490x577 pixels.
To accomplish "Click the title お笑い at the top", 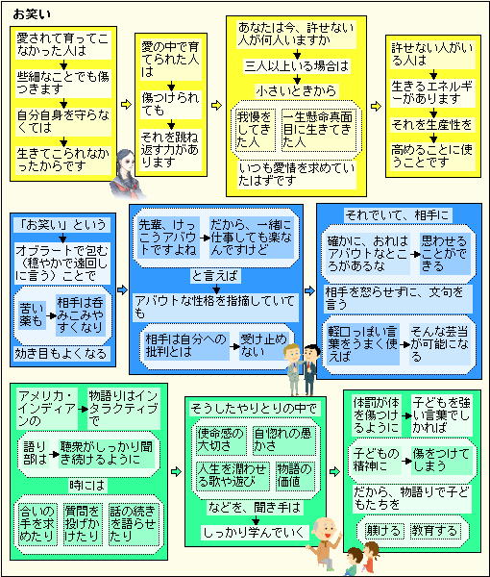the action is tap(32, 14).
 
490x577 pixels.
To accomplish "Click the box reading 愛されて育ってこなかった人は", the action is tap(62, 45).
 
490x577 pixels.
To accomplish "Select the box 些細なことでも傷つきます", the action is tap(62, 83).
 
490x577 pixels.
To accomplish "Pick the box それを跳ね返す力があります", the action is tap(171, 149).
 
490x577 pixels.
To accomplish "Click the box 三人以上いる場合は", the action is tap(297, 66).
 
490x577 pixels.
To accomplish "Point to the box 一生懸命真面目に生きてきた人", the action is tap(318, 130).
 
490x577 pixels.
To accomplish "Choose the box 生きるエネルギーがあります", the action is tap(432, 92).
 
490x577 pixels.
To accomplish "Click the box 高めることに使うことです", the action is tap(432, 156).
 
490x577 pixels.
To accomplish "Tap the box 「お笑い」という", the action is tap(62, 224).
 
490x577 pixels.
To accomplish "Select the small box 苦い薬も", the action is tap(32, 315).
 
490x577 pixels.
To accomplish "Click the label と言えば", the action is tap(216, 276).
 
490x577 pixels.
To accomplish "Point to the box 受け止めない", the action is tap(263, 345).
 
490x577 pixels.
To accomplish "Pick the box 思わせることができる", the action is tap(445, 254).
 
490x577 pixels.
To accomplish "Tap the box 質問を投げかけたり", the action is tap(83, 524).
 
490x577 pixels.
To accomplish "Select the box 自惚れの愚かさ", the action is tap(283, 440).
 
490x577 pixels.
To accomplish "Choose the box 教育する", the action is tap(435, 531).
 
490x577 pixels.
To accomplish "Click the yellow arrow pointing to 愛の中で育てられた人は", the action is tap(126, 104).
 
